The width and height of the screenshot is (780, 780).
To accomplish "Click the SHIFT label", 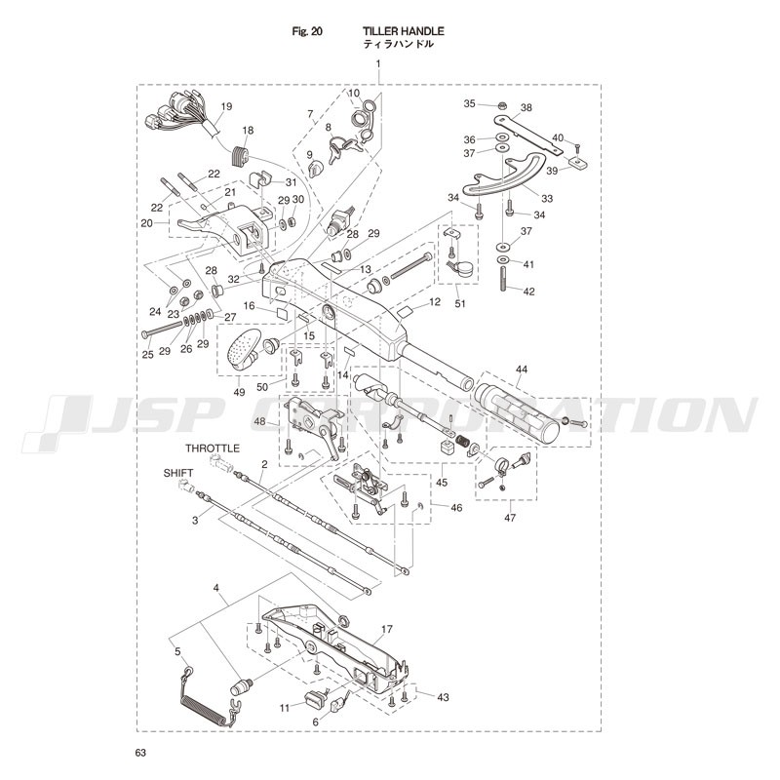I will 178,472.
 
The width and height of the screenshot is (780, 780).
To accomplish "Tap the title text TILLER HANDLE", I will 390,31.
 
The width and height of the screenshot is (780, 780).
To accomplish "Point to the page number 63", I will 141,753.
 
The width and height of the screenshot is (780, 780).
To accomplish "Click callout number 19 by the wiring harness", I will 226,106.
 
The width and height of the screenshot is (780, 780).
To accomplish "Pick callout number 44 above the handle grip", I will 522,370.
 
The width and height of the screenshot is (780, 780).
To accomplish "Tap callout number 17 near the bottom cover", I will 387,630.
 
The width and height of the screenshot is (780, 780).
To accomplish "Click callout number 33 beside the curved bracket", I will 546,199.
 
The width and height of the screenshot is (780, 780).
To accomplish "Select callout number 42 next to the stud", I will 529,292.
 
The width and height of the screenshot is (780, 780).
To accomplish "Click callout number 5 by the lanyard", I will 177,651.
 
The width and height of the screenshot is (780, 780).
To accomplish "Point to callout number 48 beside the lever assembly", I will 260,421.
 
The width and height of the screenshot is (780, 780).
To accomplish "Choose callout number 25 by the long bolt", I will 147,355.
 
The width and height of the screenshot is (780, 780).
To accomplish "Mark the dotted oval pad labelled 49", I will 244,348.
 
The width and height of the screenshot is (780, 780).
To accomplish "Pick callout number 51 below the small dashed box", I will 460,303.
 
